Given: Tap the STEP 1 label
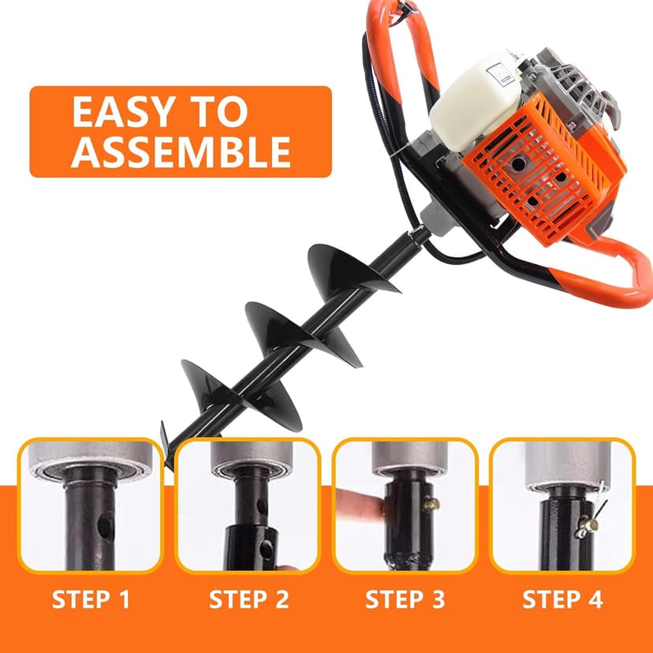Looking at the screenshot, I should point(91,599).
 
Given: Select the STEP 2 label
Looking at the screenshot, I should point(248,599).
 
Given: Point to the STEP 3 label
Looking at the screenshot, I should point(405,599).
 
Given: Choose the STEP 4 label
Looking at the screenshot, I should point(562,599).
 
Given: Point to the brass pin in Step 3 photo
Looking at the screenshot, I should point(430,504).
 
